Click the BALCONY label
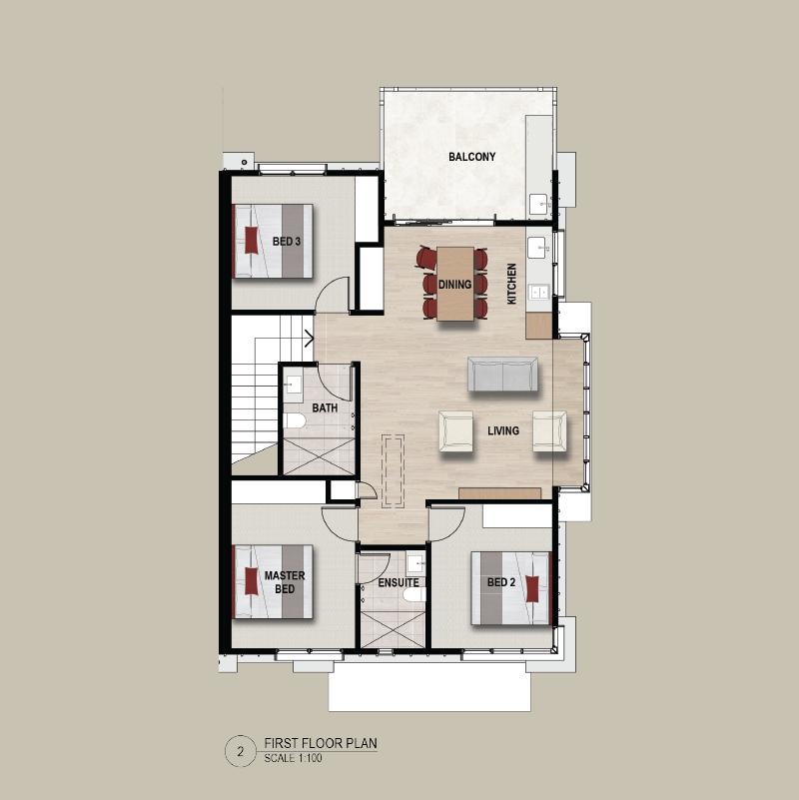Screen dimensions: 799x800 pyautogui.click(x=472, y=157)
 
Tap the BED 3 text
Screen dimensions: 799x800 pyautogui.click(x=287, y=242)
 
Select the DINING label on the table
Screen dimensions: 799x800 pyautogui.click(x=454, y=285)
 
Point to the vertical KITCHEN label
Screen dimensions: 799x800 pyautogui.click(x=511, y=284)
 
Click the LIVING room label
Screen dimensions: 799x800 pyautogui.click(x=503, y=430)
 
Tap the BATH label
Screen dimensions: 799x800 pyautogui.click(x=325, y=408)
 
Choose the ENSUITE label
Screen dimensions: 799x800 pyautogui.click(x=399, y=582)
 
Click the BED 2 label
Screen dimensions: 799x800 pyautogui.click(x=501, y=582)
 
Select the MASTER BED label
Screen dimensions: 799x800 pyautogui.click(x=285, y=582)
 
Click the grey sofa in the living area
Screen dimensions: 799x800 pyautogui.click(x=502, y=374)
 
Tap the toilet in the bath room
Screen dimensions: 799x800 pyautogui.click(x=295, y=420)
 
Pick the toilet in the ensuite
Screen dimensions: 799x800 pyautogui.click(x=414, y=594)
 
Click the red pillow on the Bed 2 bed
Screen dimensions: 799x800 pyautogui.click(x=532, y=588)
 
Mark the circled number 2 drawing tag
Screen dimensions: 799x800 pyautogui.click(x=241, y=751)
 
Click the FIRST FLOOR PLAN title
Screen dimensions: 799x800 pyautogui.click(x=321, y=743)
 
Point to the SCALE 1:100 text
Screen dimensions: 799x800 pyautogui.click(x=293, y=758)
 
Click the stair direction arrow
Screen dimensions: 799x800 pyautogui.click(x=309, y=338)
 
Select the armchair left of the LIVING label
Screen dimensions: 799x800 pyautogui.click(x=455, y=431)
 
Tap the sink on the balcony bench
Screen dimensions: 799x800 pyautogui.click(x=539, y=204)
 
